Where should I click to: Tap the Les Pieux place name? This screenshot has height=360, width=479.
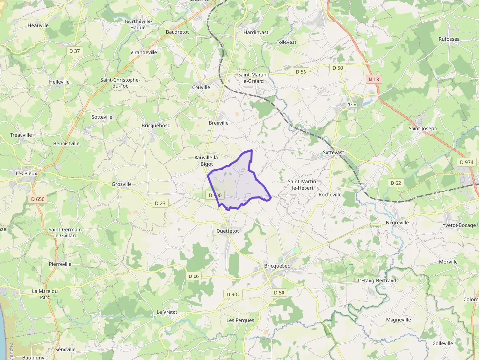[26, 173]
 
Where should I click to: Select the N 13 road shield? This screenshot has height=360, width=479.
[373, 79]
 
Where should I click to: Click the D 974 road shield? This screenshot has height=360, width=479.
[467, 162]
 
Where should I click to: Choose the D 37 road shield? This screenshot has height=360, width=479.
[74, 51]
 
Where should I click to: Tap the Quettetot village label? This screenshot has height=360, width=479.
[227, 230]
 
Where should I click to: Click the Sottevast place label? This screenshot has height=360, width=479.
[333, 152]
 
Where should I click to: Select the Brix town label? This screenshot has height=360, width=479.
[352, 105]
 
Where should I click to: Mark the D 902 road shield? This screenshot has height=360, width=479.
[233, 294]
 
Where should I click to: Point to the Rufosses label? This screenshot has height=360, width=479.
[449, 39]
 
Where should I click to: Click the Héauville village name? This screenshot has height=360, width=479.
[38, 25]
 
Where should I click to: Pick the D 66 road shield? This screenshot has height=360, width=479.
[194, 276]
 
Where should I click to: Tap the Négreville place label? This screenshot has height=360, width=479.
[397, 222]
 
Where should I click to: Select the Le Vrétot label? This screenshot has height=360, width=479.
[167, 312]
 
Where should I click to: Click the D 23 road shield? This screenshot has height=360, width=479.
[160, 203]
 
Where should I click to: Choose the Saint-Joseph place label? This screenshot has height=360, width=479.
[422, 128]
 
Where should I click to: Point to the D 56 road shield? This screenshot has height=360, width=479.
[301, 72]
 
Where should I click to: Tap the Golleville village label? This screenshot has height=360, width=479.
[442, 343]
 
